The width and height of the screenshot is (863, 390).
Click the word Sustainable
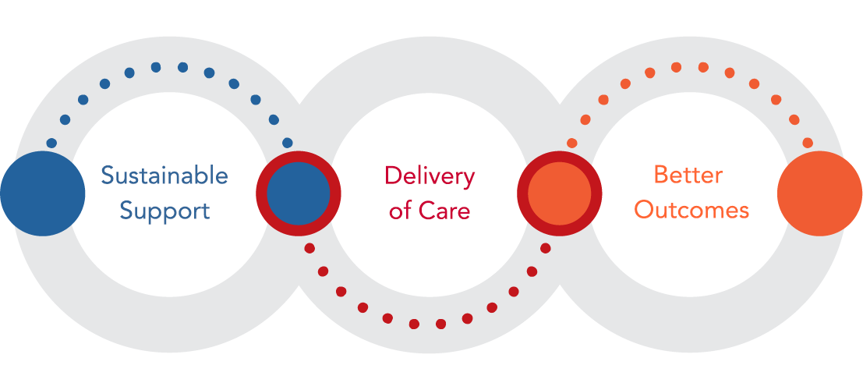point(164,175)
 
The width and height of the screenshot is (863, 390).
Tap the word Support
point(164,210)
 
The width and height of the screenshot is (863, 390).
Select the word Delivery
point(430,176)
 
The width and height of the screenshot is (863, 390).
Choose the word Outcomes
point(691,210)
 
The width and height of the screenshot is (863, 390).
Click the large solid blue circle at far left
point(43,193)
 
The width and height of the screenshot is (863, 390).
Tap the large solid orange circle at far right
point(819,193)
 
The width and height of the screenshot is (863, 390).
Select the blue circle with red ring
point(299,193)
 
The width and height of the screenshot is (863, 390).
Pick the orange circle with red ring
point(560,193)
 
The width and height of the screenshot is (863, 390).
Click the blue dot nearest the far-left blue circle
point(51,144)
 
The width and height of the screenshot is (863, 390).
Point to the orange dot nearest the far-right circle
point(808,143)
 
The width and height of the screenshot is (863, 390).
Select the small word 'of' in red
point(400,210)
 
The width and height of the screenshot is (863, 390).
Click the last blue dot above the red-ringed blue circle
point(288,143)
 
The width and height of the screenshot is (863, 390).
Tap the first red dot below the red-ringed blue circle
point(309,248)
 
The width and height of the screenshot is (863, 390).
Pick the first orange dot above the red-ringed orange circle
point(571,143)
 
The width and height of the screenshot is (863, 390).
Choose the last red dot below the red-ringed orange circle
point(546,248)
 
